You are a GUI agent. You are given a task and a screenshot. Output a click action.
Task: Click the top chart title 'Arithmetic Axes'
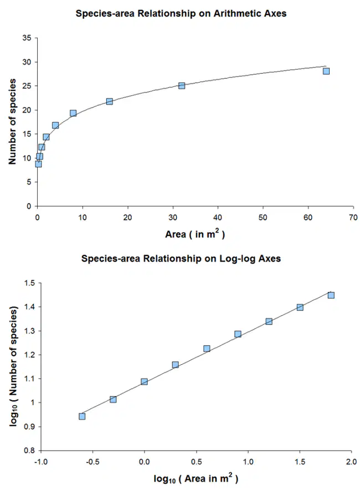click(250, 14)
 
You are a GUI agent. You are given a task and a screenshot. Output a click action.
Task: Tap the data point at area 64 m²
click(326, 72)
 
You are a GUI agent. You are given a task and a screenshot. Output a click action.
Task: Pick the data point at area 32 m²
click(182, 85)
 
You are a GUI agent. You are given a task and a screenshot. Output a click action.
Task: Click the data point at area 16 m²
click(109, 101)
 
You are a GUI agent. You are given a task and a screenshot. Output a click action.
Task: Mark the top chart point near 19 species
click(73, 113)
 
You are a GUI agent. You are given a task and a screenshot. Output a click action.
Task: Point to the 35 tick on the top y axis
click(27, 38)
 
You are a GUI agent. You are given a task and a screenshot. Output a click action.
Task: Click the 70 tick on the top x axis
click(353, 217)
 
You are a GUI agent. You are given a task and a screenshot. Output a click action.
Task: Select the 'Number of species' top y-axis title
click(12, 121)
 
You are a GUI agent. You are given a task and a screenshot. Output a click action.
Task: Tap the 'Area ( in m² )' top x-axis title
click(195, 234)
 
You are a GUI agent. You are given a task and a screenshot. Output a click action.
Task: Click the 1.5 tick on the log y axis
click(29, 283)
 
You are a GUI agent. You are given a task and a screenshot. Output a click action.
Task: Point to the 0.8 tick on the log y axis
click(29, 451)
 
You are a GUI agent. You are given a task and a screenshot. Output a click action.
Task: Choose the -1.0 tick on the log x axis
click(41, 462)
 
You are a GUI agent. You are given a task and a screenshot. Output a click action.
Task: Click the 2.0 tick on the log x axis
click(351, 462)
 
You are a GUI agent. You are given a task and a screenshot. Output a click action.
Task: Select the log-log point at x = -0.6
click(82, 416)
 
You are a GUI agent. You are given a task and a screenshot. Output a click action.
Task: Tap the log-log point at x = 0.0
click(144, 381)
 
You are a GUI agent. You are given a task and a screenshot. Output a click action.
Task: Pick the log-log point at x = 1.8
click(331, 295)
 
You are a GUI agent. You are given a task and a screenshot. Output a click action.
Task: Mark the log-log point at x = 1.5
click(300, 307)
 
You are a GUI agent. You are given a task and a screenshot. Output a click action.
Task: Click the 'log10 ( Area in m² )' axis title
click(196, 478)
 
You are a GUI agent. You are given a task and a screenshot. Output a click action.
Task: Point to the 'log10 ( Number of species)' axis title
click(13, 366)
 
